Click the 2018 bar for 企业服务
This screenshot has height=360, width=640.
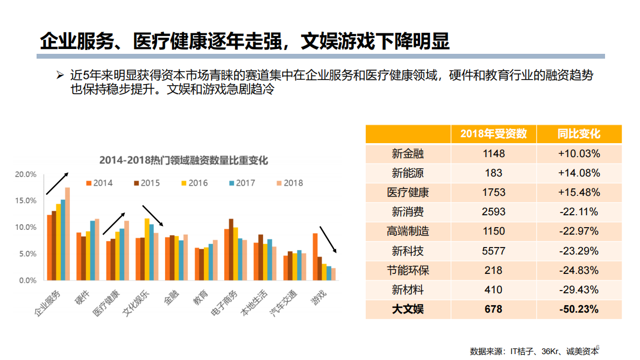[67, 234]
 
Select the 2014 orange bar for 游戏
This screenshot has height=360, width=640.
[315, 257]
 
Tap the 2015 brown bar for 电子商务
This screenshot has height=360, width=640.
[231, 250]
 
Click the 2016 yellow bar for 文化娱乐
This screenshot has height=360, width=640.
[147, 249]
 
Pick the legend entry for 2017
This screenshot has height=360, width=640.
[241, 183]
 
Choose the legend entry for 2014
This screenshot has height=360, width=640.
[99, 183]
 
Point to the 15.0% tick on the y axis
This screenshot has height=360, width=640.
[26, 201]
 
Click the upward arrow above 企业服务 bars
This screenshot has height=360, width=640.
[57, 183]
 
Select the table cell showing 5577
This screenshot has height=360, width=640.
[493, 251]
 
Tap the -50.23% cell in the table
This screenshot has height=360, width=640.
[579, 309]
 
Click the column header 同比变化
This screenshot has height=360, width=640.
[579, 134]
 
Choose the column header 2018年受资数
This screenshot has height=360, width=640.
[493, 134]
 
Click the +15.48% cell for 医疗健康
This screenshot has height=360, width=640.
[579, 192]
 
